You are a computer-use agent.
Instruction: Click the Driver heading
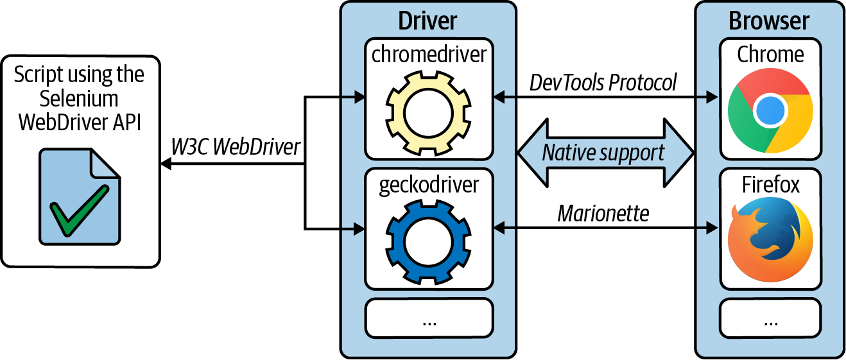pyautogui.click(x=427, y=21)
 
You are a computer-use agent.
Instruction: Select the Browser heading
pyautogui.click(x=770, y=21)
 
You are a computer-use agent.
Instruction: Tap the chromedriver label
pyautogui.click(x=429, y=54)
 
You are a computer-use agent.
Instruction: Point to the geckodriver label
pyautogui.click(x=429, y=184)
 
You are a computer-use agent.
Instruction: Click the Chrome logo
pyautogui.click(x=770, y=111)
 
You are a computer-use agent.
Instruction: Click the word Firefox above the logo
pyautogui.click(x=771, y=184)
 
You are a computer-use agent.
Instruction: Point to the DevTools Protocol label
pyautogui.click(x=603, y=82)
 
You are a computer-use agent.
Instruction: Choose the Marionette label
pyautogui.click(x=603, y=213)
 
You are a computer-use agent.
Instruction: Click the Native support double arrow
pyautogui.click(x=606, y=153)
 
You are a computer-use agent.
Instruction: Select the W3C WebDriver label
pyautogui.click(x=236, y=147)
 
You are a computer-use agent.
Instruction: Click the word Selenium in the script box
pyautogui.click(x=79, y=98)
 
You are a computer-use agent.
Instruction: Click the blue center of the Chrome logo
pyautogui.click(x=770, y=112)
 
